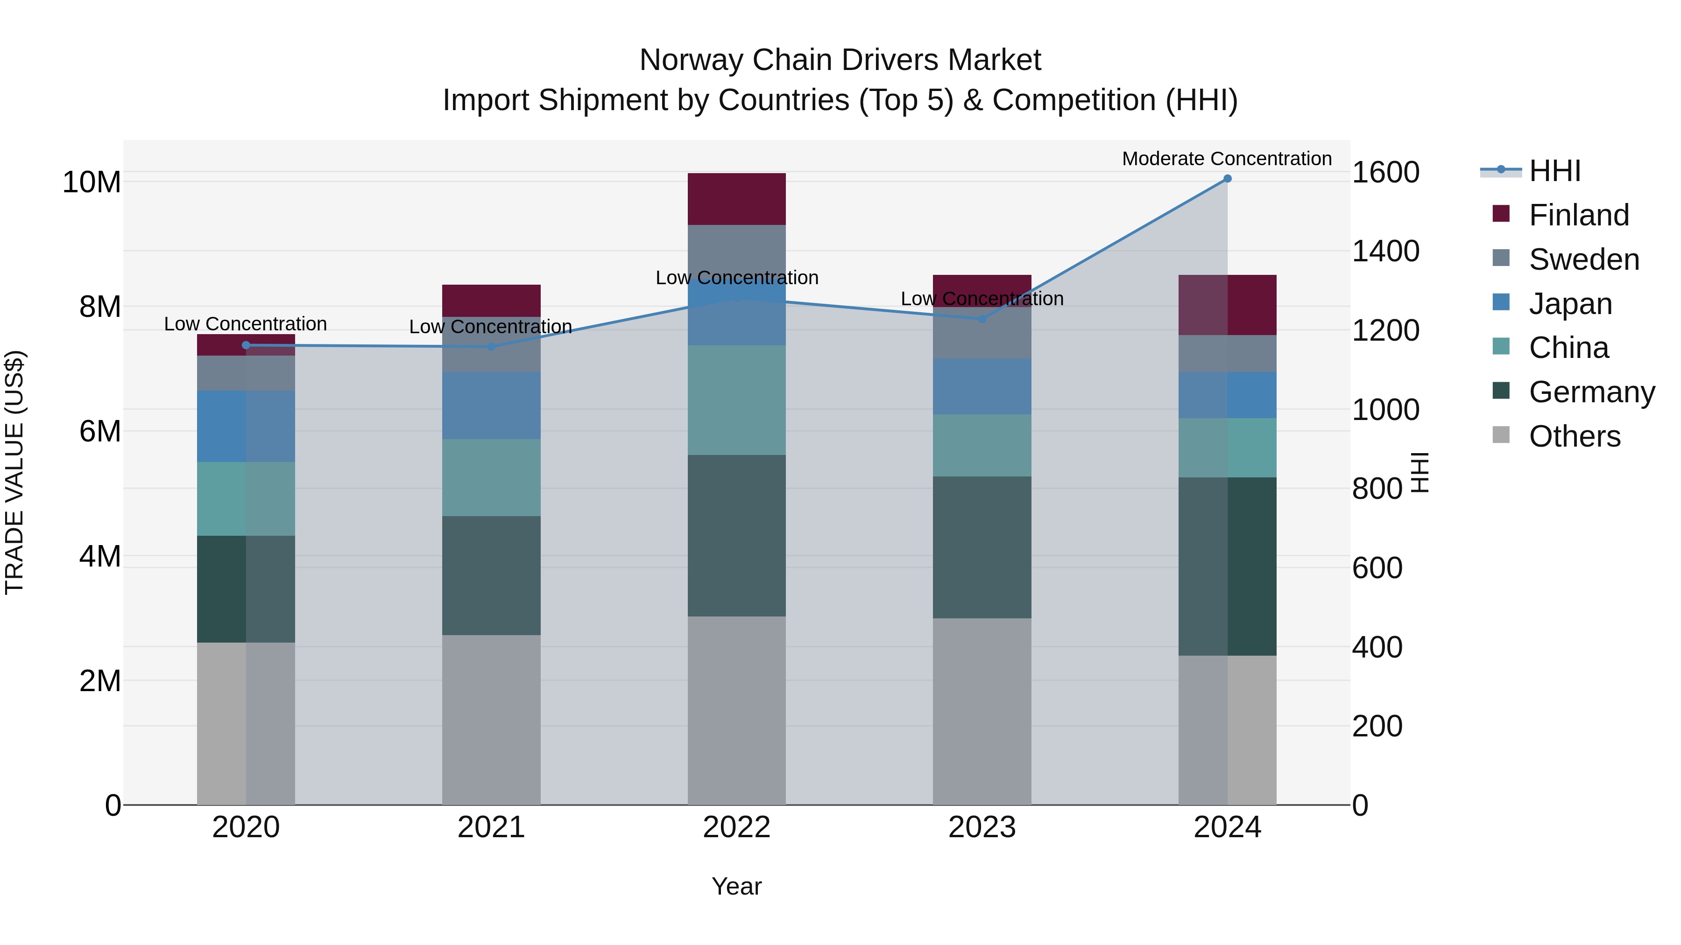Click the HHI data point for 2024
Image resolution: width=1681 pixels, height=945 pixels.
tap(1227, 179)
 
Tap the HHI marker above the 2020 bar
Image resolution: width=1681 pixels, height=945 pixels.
tap(246, 345)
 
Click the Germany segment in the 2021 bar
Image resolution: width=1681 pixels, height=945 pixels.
tap(491, 575)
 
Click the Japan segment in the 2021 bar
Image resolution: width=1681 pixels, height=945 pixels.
tap(491, 405)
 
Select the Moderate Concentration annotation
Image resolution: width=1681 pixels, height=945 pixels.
tap(1226, 159)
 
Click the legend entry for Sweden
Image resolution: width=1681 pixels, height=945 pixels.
tap(1584, 259)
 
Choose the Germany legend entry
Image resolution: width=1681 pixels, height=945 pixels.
tap(1591, 392)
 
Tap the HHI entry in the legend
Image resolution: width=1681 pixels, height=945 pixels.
tap(1554, 171)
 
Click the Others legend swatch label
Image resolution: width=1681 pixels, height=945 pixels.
tap(1574, 436)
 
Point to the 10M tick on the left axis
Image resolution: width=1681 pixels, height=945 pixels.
tap(92, 182)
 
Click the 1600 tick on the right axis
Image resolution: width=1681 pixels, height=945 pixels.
tap(1385, 172)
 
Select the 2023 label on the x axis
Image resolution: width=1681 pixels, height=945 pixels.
tap(982, 827)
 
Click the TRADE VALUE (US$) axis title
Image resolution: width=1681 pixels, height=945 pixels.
tap(14, 472)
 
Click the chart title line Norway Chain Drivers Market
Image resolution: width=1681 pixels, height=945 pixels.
tap(840, 60)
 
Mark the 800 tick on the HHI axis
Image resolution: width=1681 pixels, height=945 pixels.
tap(1377, 489)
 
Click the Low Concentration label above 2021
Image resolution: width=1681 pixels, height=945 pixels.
tap(490, 327)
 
